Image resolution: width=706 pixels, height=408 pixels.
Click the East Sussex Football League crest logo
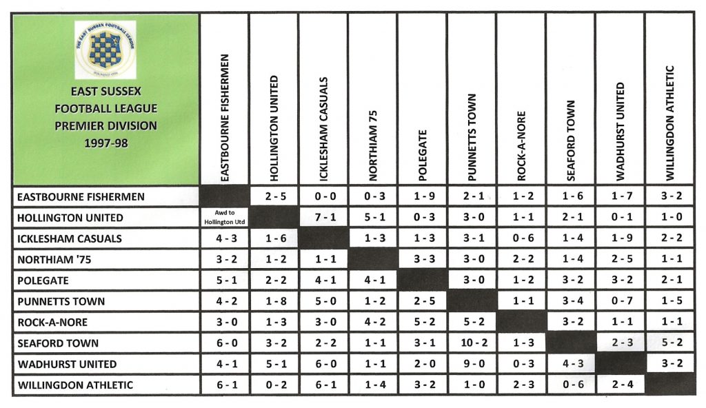[x=105, y=48]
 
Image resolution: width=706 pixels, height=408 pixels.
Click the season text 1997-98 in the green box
[x=105, y=144]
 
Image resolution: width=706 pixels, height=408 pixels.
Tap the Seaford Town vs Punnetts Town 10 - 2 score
[x=472, y=343]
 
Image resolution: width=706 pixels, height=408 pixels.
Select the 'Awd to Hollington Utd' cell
[x=224, y=217]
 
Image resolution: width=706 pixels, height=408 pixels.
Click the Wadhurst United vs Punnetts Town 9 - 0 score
[x=472, y=364]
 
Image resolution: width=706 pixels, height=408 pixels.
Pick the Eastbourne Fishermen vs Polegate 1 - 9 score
[x=422, y=196]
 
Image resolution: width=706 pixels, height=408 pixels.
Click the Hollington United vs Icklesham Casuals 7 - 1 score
[x=323, y=218]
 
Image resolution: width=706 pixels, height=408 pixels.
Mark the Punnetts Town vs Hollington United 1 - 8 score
[x=274, y=301]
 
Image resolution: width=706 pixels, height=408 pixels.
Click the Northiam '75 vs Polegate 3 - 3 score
[x=422, y=259]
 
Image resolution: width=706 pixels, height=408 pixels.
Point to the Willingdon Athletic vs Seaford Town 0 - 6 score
[x=570, y=385]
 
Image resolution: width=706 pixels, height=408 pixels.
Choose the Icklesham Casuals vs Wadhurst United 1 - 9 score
[x=620, y=238]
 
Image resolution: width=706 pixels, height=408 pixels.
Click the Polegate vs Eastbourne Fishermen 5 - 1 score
[x=224, y=280]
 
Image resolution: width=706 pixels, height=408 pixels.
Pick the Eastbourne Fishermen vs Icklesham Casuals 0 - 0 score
[x=323, y=196]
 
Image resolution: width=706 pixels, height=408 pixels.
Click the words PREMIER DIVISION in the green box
[x=105, y=126]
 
